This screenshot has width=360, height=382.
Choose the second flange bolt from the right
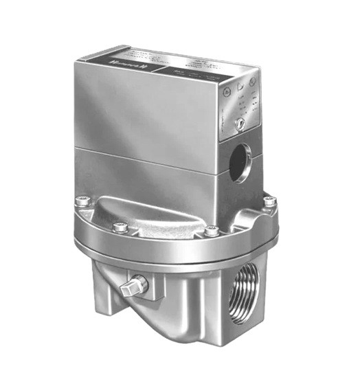click(x=212, y=231)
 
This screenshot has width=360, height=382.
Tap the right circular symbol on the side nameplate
click(x=252, y=80)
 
